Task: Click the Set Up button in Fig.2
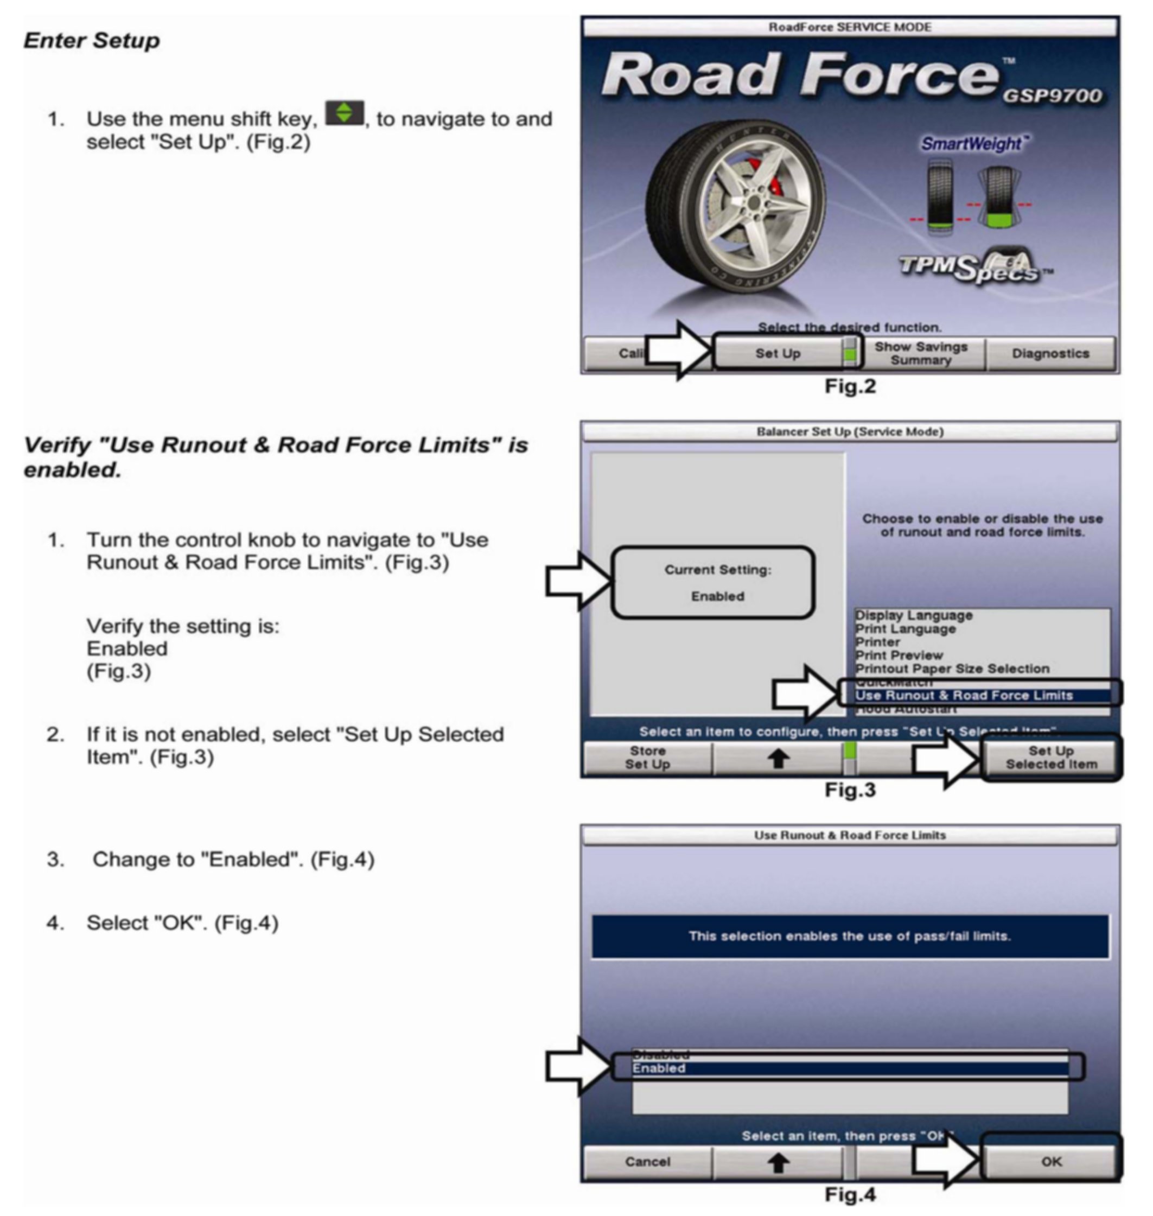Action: [778, 353]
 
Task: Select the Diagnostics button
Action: [1050, 353]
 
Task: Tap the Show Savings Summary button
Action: [921, 353]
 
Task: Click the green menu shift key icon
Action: [344, 113]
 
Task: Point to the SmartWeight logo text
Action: [972, 144]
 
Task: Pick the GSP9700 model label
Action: [1052, 97]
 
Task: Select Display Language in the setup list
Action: [914, 615]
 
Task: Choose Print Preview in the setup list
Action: [899, 655]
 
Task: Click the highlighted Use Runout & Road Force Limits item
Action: [964, 695]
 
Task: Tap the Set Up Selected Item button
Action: [1051, 758]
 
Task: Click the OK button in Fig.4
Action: [1051, 1161]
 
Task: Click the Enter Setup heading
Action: [92, 41]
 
